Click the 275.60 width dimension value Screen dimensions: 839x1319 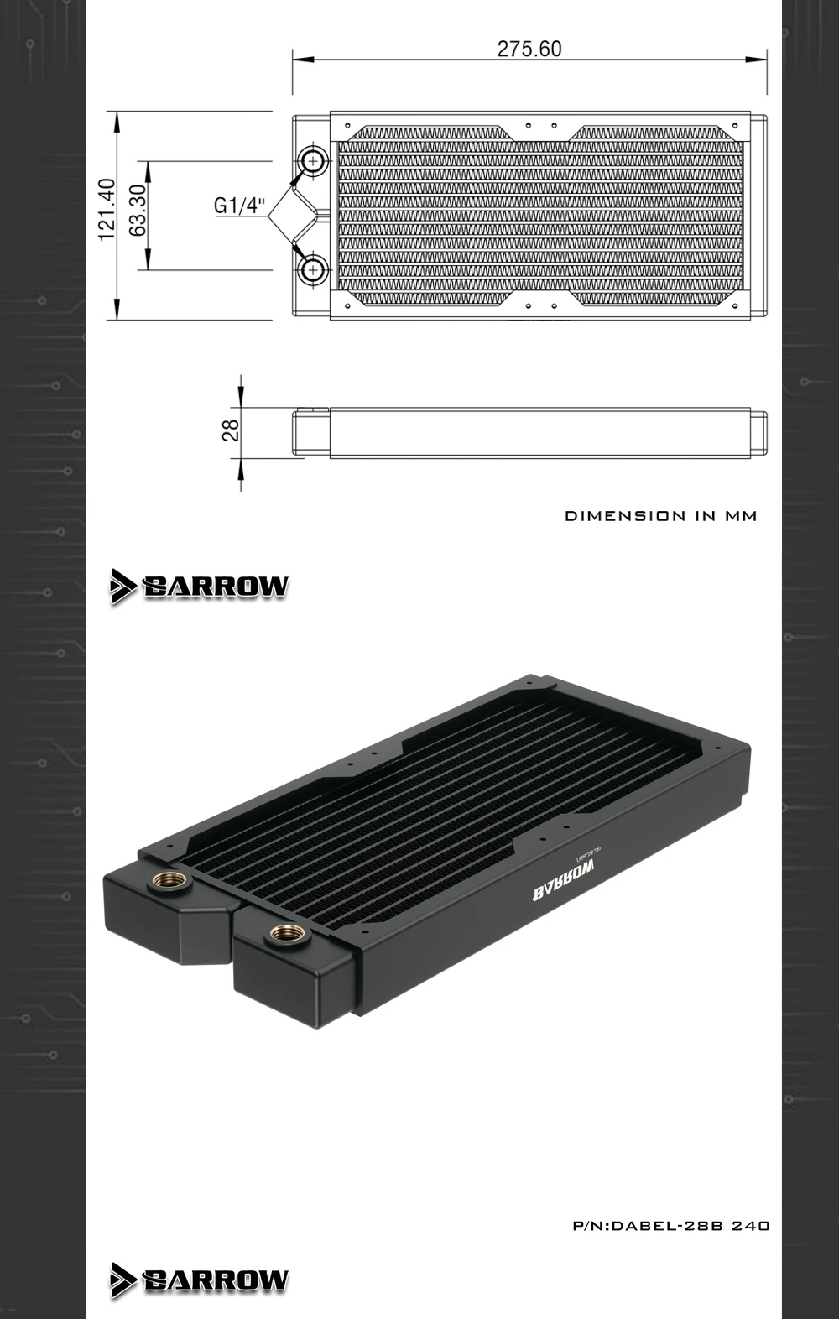(529, 49)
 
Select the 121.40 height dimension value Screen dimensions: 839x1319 (106, 210)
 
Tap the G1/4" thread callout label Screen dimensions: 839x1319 (239, 206)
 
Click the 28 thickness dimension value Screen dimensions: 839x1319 (231, 430)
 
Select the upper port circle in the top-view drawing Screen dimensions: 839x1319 (312, 159)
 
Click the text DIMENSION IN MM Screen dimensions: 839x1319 (660, 516)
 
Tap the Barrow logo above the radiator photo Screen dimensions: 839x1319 (200, 586)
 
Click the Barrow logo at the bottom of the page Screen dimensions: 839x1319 (200, 1280)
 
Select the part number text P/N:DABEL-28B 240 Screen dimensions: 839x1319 (670, 1226)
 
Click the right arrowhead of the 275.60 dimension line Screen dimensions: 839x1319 (759, 60)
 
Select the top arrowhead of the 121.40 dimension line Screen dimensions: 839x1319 (116, 117)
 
